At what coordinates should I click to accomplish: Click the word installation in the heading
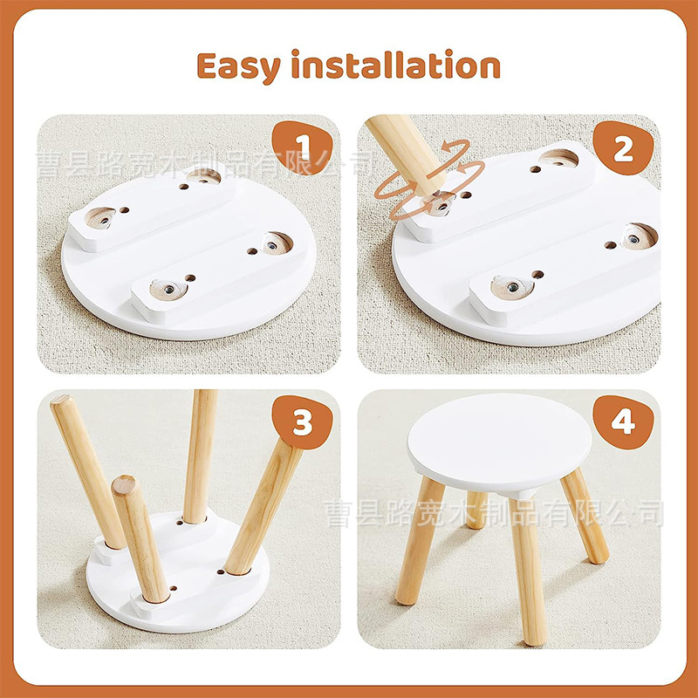pyautogui.click(x=398, y=66)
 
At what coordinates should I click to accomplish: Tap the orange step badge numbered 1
pyautogui.click(x=301, y=145)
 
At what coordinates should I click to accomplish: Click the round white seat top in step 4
pyautogui.click(x=500, y=441)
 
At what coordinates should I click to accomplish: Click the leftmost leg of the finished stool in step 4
pyautogui.click(x=414, y=541)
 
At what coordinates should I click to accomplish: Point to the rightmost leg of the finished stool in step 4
pyautogui.click(x=585, y=515)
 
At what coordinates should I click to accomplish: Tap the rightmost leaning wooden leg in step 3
pyautogui.click(x=262, y=506)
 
